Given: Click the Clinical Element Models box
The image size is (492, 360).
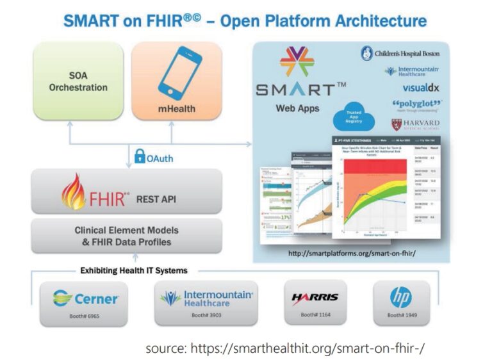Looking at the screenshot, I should pos(126,236).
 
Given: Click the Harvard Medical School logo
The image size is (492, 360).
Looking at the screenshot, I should pos(416,124).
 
